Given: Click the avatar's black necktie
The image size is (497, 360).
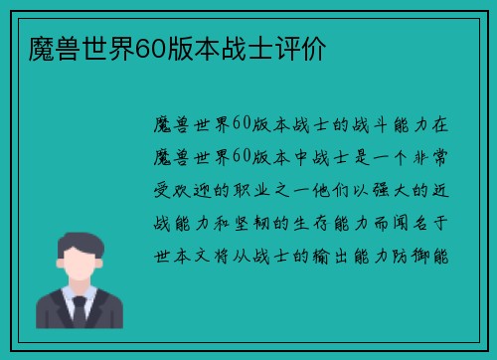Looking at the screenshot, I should (x=79, y=311).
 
